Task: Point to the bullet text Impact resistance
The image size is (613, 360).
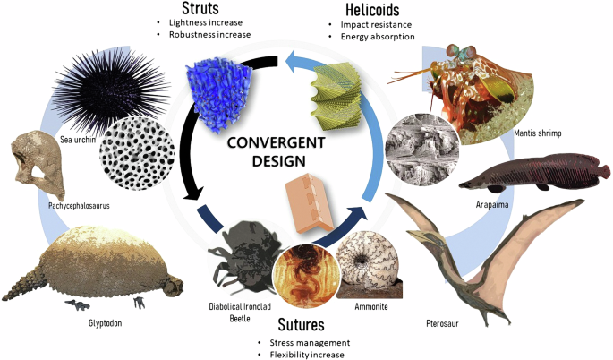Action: (x=369, y=24)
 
